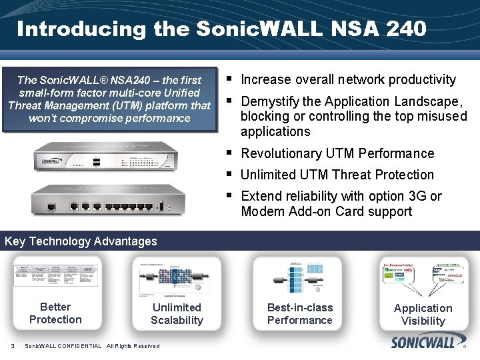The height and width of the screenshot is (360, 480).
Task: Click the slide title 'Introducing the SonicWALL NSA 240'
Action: pyautogui.click(x=221, y=29)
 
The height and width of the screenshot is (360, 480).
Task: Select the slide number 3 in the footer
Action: pyautogui.click(x=13, y=345)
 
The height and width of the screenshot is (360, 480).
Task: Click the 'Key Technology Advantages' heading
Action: pyautogui.click(x=81, y=241)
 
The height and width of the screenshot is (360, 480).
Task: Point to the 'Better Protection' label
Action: pyautogui.click(x=55, y=313)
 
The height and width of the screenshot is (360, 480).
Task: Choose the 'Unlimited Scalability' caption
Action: pyautogui.click(x=177, y=314)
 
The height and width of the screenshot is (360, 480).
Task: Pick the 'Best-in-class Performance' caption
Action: pyautogui.click(x=299, y=314)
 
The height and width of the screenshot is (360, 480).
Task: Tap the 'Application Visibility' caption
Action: pyautogui.click(x=423, y=315)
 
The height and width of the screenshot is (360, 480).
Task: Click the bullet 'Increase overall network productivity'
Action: pyautogui.click(x=348, y=80)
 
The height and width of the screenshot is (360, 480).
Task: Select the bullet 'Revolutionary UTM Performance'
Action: pyautogui.click(x=337, y=153)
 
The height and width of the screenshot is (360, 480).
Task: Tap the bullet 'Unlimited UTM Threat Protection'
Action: pyautogui.click(x=337, y=175)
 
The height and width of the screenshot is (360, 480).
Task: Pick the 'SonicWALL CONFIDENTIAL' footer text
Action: pyautogui.click(x=63, y=346)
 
